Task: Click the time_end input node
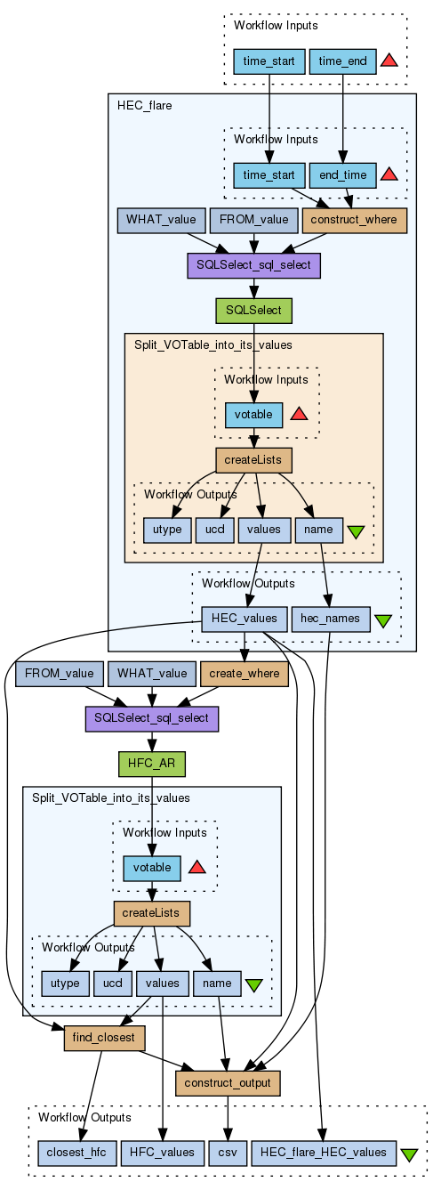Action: coord(342,61)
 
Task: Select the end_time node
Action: coord(342,175)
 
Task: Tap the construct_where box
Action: coord(354,220)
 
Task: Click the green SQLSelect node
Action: coord(253,311)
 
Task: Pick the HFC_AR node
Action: coord(152,764)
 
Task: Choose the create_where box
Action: coord(245,674)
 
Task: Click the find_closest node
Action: coord(104,1038)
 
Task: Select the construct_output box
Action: coord(228,1082)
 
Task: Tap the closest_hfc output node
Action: coord(76,1153)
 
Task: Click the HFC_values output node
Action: coord(163,1153)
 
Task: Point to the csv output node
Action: coord(228,1153)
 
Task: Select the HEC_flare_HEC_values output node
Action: coord(324,1153)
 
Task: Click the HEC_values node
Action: coord(245,619)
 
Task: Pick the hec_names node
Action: coord(330,619)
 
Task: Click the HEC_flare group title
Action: coord(144,106)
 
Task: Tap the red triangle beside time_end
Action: coord(389,60)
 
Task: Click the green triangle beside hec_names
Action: coord(382,620)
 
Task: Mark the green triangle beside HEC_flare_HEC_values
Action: coord(409,1154)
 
